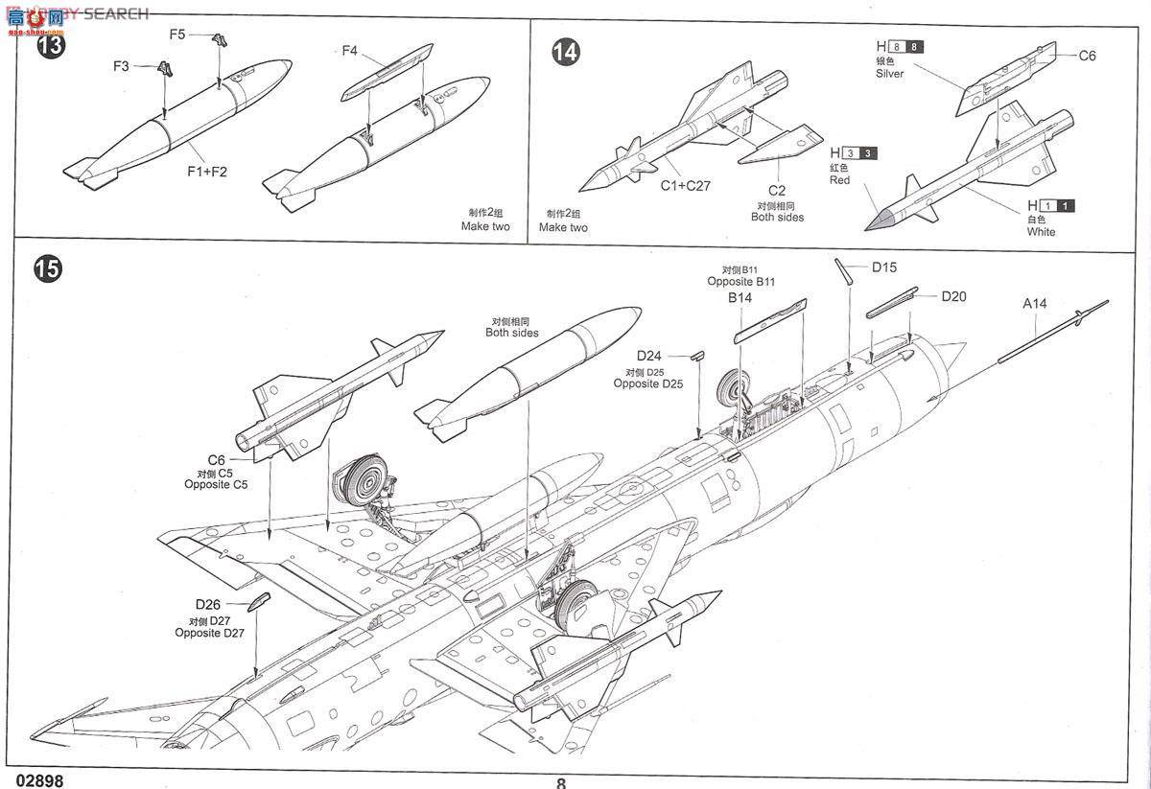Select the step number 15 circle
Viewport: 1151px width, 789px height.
pyautogui.click(x=48, y=269)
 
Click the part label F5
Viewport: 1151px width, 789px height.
pyautogui.click(x=177, y=35)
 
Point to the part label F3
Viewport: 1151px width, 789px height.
pyautogui.click(x=121, y=66)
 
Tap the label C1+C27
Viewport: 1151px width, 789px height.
pyautogui.click(x=685, y=186)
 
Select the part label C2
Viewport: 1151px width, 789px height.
pyautogui.click(x=777, y=190)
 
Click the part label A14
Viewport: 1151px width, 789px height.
pyautogui.click(x=1034, y=304)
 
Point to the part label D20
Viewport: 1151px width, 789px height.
pyautogui.click(x=953, y=296)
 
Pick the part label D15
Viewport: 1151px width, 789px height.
pyautogui.click(x=884, y=267)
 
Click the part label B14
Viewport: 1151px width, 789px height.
pyautogui.click(x=740, y=298)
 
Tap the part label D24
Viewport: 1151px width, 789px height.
pyautogui.click(x=648, y=355)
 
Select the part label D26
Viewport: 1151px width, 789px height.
pyautogui.click(x=208, y=604)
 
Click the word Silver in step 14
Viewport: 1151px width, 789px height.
pyautogui.click(x=889, y=74)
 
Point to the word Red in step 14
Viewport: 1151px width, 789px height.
pyautogui.click(x=839, y=180)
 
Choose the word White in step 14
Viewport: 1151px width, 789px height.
pyautogui.click(x=1041, y=232)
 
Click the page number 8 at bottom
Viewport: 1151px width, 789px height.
pyautogui.click(x=561, y=782)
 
